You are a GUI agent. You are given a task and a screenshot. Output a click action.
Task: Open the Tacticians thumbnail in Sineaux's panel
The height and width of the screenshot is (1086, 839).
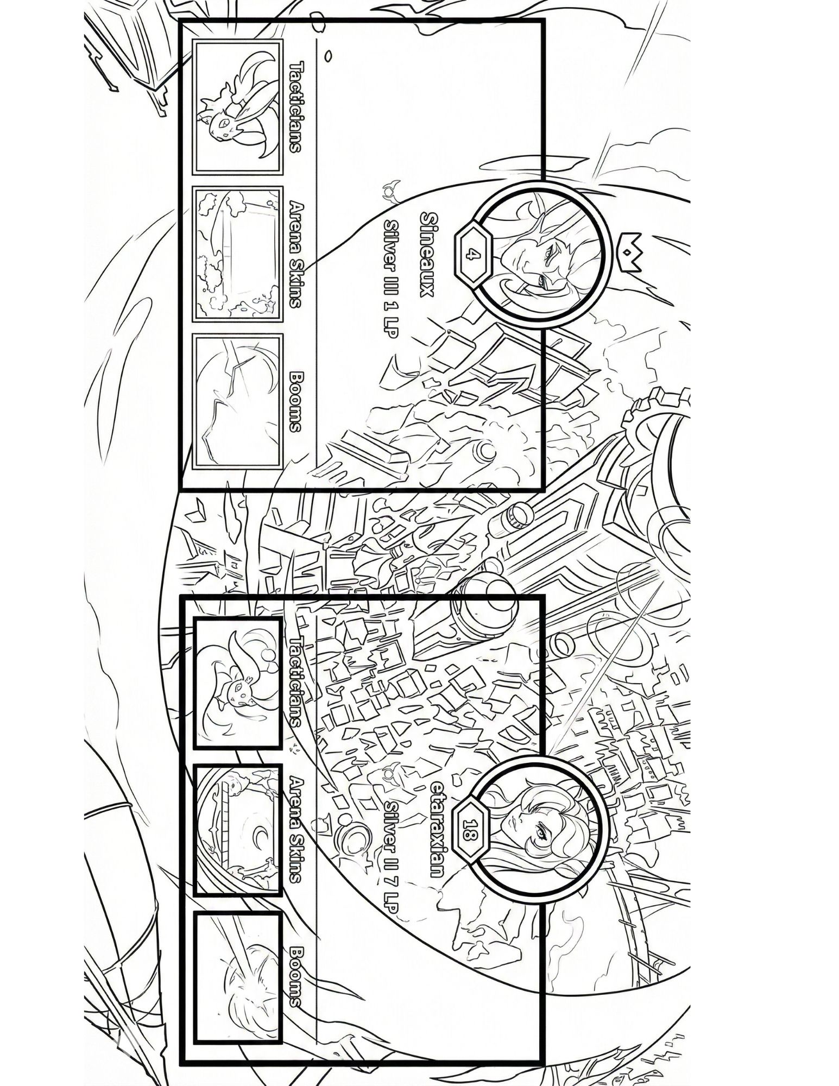238,108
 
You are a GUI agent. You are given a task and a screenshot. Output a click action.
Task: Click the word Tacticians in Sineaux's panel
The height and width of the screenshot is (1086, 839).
296,107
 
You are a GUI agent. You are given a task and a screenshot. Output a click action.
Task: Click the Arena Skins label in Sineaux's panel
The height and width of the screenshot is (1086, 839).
296,255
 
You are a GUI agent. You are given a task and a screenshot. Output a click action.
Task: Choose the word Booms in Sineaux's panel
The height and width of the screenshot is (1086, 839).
296,401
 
